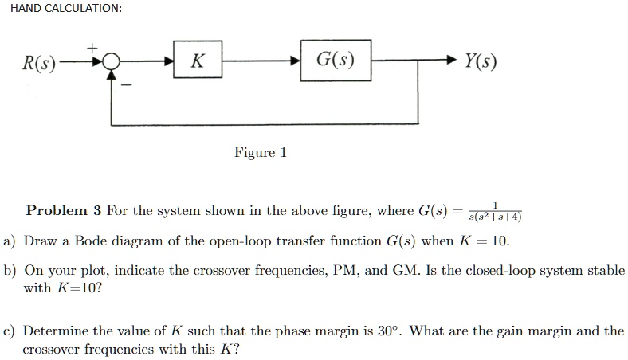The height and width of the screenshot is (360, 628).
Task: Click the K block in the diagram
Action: [x=196, y=61]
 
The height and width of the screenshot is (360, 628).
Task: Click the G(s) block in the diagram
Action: [x=336, y=61]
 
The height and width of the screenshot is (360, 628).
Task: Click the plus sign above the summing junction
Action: [x=92, y=48]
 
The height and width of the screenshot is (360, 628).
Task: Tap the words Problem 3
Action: [x=64, y=211]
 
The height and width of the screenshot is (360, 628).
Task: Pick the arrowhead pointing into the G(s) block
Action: [x=296, y=61]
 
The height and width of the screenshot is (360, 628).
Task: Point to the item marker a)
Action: [x=10, y=241]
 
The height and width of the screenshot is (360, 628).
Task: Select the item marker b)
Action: [x=10, y=271]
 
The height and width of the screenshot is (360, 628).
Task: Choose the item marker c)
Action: [x=10, y=331]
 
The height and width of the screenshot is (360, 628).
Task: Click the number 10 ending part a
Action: [x=500, y=241]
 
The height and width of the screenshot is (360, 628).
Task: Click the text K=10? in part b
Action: [x=79, y=288]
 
